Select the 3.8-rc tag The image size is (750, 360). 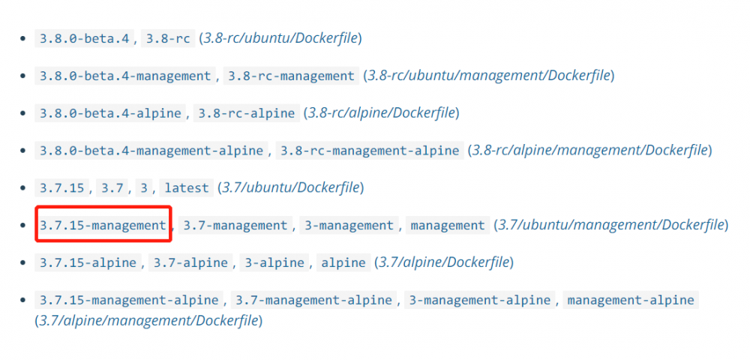(167, 38)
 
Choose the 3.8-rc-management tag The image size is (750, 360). (291, 76)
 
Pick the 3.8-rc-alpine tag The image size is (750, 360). (247, 113)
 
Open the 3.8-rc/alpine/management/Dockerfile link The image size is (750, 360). (590, 150)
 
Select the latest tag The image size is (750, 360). (187, 187)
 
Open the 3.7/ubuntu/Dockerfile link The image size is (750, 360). (289, 187)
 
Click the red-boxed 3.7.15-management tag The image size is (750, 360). (103, 225)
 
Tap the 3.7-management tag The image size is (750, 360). (235, 225)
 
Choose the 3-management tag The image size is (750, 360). (349, 225)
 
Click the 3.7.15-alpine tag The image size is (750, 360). (88, 262)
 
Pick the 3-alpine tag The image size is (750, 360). (274, 262)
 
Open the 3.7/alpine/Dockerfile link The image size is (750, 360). (445, 262)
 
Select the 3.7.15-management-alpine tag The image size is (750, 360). (129, 300)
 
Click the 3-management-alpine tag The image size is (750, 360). (479, 300)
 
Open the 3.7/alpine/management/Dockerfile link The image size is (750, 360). (148, 321)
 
